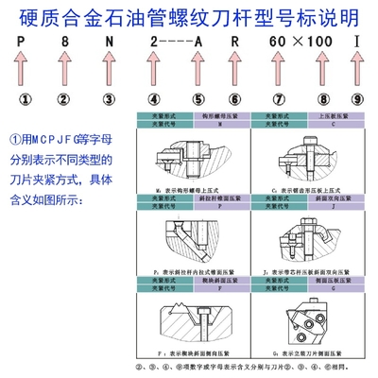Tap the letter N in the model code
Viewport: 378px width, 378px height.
[110, 44]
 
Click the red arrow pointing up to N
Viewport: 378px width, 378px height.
[110, 71]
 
